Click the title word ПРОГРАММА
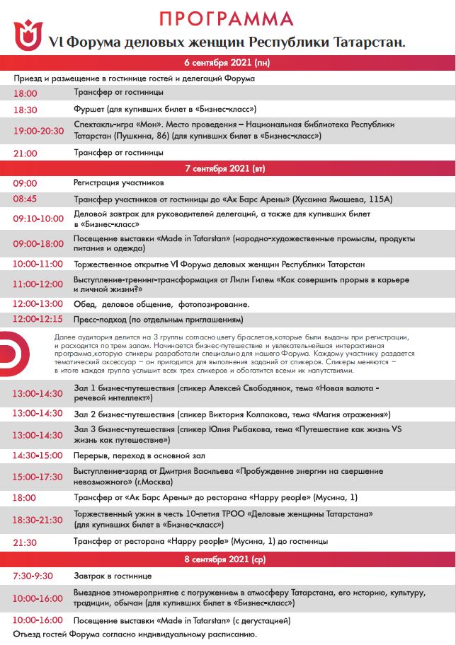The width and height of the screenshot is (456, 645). [x=227, y=18]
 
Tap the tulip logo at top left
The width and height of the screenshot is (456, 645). [x=28, y=37]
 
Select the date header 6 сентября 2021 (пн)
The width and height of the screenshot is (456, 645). [x=227, y=62]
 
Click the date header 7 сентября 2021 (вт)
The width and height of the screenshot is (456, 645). [x=227, y=168]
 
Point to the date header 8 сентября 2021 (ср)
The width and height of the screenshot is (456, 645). [x=227, y=560]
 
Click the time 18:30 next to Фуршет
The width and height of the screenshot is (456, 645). [x=25, y=109]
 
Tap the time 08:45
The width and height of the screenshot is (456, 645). [x=25, y=199]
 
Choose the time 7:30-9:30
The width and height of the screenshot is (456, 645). [x=33, y=576]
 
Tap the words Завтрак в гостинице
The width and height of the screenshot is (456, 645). [x=113, y=576]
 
